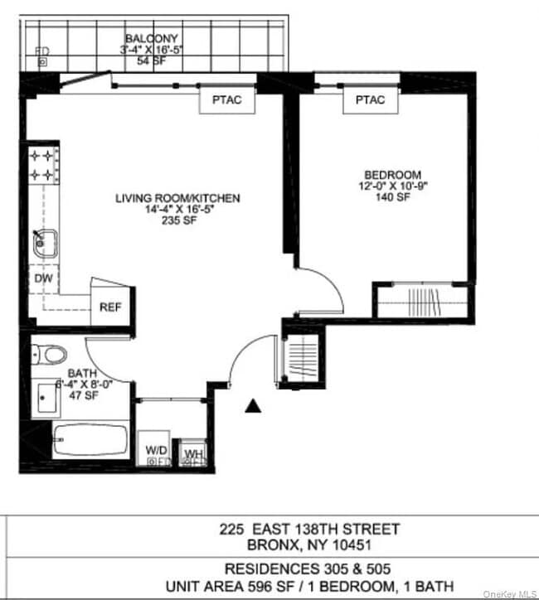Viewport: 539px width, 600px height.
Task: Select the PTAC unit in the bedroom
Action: click(x=370, y=100)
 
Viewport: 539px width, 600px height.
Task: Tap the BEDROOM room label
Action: click(x=393, y=175)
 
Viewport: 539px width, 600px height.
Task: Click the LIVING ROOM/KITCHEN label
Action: click(x=178, y=198)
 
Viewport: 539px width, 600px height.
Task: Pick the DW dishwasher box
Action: click(x=43, y=279)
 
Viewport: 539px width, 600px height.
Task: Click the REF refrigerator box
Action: click(x=110, y=307)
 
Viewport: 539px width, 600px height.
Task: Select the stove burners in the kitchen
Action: click(x=43, y=165)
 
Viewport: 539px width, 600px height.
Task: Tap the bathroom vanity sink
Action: click(x=46, y=399)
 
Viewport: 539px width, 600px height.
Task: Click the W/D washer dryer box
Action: click(x=154, y=451)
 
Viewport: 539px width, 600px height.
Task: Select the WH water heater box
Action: click(x=193, y=453)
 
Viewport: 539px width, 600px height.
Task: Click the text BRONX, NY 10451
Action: click(x=309, y=546)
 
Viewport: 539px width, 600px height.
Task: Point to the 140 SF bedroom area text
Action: click(x=394, y=197)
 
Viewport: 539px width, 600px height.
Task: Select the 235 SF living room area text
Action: click(x=178, y=220)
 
